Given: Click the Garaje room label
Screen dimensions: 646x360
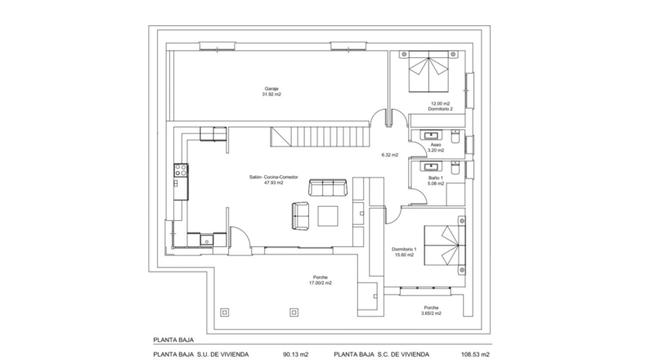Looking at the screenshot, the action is click(271, 88).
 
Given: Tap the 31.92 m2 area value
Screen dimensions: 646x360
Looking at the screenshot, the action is click(271, 94).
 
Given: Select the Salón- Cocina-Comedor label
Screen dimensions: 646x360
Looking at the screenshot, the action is click(274, 178).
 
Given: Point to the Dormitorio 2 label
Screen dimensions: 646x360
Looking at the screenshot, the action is click(441, 110).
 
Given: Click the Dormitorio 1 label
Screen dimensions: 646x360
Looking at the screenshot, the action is click(404, 250).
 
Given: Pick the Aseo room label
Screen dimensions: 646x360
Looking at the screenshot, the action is click(436, 145).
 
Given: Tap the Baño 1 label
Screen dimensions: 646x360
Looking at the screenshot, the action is click(436, 178).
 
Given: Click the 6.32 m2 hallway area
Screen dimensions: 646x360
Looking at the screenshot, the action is click(390, 155).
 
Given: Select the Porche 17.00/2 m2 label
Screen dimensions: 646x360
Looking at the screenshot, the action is click(321, 281).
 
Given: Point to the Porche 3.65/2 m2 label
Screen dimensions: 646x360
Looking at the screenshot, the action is click(432, 311).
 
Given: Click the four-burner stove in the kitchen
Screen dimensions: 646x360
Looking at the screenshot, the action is click(181, 170).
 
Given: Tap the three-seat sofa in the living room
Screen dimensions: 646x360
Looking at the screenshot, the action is click(328, 187).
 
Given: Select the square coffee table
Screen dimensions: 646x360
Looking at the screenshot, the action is click(328, 216).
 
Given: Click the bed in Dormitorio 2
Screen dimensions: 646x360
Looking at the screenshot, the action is click(428, 71).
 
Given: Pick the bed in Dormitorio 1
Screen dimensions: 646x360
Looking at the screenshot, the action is click(445, 245).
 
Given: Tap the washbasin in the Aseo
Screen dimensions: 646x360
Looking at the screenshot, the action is click(431, 135).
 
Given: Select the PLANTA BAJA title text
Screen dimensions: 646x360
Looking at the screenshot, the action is click(173, 340).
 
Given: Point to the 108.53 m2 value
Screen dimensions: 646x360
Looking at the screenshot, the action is click(475, 354).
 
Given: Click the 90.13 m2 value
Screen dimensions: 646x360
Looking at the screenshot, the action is click(296, 354).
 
